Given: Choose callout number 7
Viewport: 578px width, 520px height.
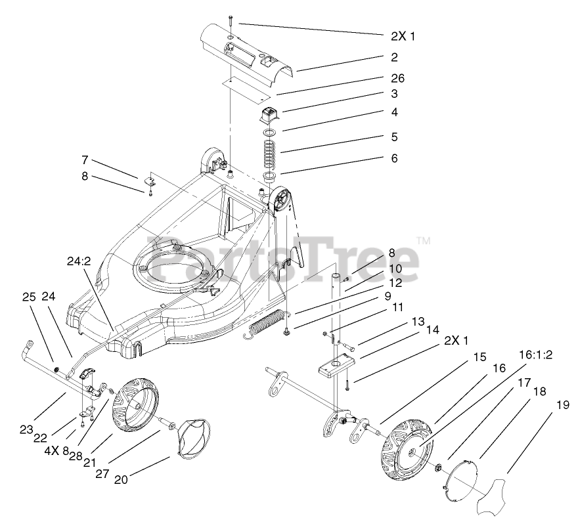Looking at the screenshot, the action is point(85,160).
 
